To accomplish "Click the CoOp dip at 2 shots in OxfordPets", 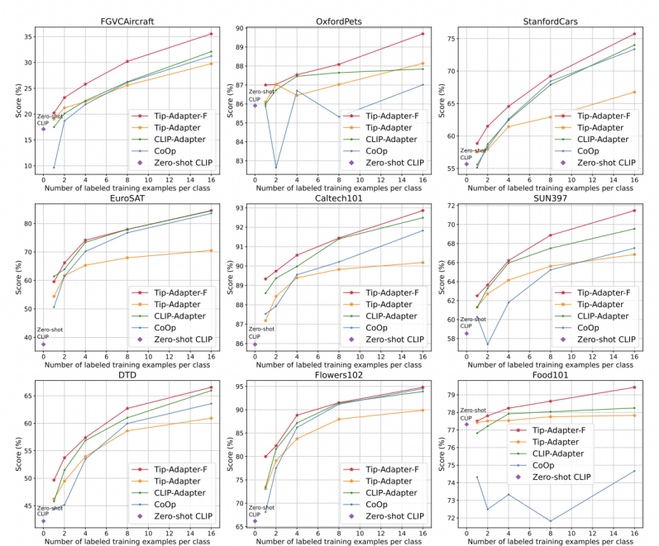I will coord(276,167).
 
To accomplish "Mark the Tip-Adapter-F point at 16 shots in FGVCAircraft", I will coord(211,34).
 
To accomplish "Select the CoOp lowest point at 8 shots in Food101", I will coord(551,521).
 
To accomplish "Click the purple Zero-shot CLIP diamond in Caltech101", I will coord(255,344).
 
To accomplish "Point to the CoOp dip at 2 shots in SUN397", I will coord(488,344).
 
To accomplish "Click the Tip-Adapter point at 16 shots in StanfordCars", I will coord(634,92).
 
